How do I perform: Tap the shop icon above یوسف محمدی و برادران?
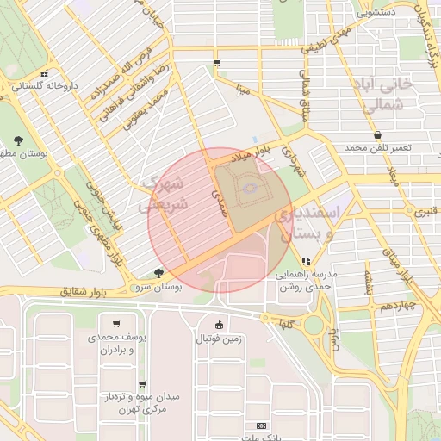pos(116,324)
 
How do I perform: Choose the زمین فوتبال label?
pos(220,339)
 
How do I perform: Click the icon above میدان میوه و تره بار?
pos(141,384)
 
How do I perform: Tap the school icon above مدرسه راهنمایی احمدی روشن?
pos(305,261)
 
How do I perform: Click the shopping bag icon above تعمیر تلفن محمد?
pos(377,134)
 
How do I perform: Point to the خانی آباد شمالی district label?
pos(383,97)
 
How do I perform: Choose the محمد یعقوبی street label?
pos(141,113)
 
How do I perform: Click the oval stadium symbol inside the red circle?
pos(248,187)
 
